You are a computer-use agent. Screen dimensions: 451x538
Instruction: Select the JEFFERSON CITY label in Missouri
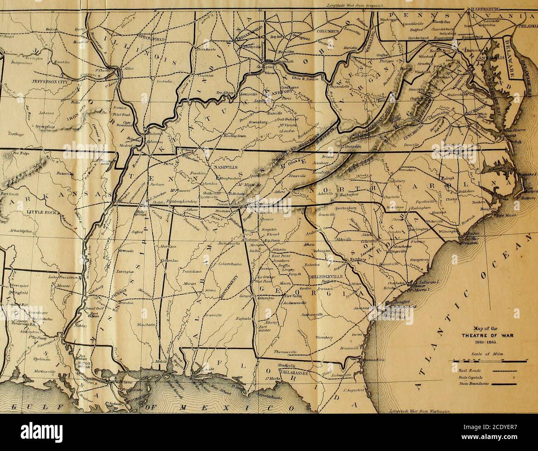(27, 82)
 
